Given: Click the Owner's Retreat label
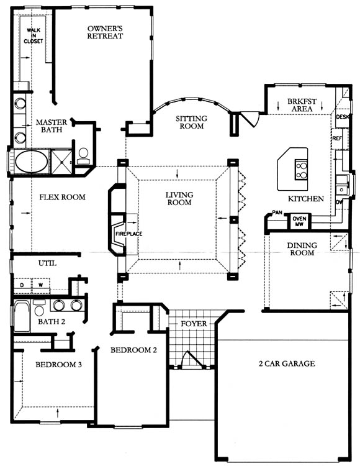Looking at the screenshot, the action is click(x=105, y=32).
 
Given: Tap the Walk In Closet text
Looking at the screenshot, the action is click(x=34, y=35).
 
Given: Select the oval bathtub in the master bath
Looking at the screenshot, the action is click(x=31, y=162).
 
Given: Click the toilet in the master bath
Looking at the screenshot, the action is click(x=83, y=157).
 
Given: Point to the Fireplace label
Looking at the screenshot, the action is click(x=129, y=234).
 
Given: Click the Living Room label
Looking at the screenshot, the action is click(x=179, y=199).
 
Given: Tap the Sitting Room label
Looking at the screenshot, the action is click(x=191, y=122).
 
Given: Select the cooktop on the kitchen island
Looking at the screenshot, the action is click(x=301, y=170).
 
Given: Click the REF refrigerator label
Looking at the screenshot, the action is click(x=337, y=139).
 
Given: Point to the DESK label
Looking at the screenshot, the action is click(x=343, y=117).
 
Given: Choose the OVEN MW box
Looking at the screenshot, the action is click(x=299, y=221).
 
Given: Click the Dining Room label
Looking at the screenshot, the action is click(x=302, y=249).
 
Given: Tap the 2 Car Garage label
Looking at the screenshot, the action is click(x=287, y=363).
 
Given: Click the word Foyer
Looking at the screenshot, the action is click(x=194, y=323).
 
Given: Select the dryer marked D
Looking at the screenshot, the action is click(x=22, y=286).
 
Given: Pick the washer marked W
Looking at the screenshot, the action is click(x=41, y=286).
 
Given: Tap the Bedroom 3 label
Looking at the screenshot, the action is click(x=58, y=364).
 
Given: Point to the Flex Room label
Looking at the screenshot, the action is click(x=62, y=197).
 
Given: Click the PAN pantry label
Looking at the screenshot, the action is click(x=277, y=212).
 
